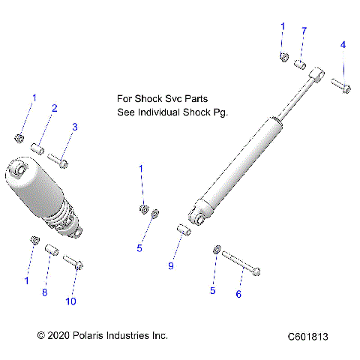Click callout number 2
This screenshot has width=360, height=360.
coord(55,109)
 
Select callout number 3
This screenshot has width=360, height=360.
coord(74,127)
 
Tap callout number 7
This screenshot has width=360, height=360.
coord(304,31)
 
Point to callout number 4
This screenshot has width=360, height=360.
coord(343,45)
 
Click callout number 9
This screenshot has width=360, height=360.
coord(170,266)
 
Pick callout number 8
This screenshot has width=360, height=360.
coord(44,292)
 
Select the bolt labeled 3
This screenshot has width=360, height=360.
coord(58,160)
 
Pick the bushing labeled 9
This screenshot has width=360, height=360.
coord(183,229)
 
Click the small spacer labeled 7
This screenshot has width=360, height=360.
coord(299,64)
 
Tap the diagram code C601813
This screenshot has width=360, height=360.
coord(307,337)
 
